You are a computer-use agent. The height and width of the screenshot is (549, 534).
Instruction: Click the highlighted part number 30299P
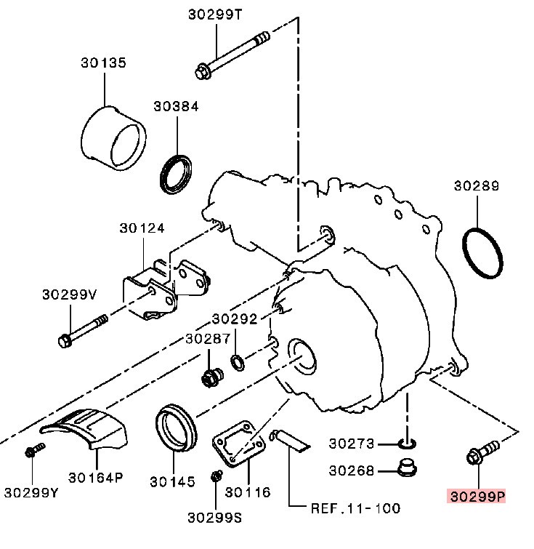tap(477, 497)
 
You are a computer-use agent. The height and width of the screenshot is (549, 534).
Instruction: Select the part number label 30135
tap(103, 63)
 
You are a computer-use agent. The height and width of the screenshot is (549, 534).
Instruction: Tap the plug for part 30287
tap(211, 377)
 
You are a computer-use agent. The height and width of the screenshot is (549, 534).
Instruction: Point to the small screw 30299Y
tap(31, 452)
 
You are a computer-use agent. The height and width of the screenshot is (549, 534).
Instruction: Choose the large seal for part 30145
tap(177, 429)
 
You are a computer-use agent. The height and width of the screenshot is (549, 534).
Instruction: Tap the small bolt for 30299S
tap(215, 477)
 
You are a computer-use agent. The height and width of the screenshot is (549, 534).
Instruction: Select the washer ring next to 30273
tap(408, 443)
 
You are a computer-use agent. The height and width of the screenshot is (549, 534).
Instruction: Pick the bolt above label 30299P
tap(480, 452)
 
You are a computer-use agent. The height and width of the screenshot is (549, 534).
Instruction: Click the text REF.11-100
tap(355, 508)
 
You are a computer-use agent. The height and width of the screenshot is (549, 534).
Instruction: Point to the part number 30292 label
tap(235, 318)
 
